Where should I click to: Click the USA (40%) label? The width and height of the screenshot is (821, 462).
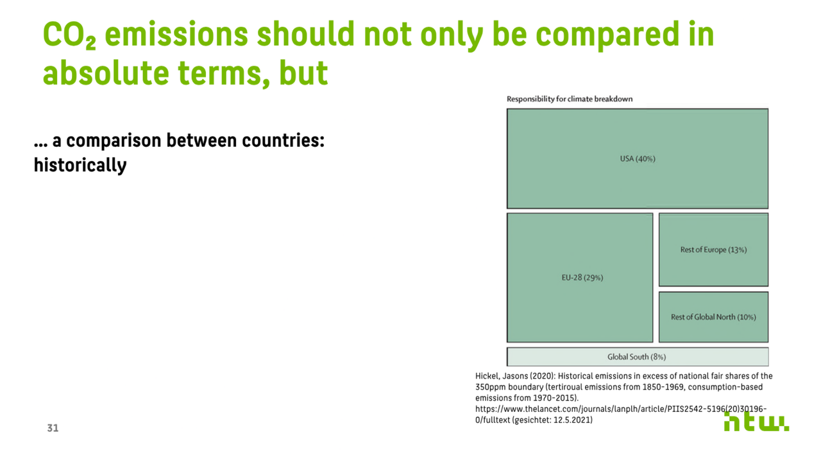[638, 158]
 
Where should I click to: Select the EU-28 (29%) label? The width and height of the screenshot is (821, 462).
[582, 278]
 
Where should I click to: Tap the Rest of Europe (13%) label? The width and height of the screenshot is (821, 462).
[713, 250]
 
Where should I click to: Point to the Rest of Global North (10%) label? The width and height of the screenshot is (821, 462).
[713, 317]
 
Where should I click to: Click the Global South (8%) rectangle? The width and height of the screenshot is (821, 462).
[638, 356]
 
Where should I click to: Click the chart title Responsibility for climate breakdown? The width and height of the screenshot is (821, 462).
[570, 99]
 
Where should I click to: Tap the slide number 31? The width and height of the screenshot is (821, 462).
[53, 428]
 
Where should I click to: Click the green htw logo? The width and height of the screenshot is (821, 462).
[756, 422]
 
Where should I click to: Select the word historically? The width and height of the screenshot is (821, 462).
[80, 166]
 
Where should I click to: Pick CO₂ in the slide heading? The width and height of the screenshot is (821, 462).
[70, 35]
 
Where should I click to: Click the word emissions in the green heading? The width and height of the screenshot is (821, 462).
[176, 34]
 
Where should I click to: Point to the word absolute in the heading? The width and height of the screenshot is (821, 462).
[106, 73]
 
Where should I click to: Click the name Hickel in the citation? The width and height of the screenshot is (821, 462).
[487, 376]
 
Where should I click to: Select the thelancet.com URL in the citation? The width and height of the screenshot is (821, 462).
[621, 415]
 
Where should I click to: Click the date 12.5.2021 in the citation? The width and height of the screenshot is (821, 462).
[571, 420]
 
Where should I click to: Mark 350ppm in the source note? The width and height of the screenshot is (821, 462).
[491, 387]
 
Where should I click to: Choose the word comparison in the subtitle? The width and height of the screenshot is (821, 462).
[114, 141]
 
